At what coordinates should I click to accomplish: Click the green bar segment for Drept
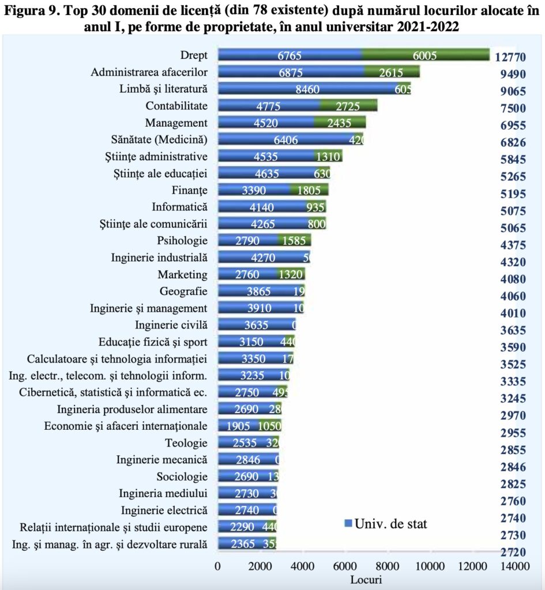pyautogui.click(x=426, y=55)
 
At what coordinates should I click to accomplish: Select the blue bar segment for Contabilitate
pyautogui.click(x=269, y=106)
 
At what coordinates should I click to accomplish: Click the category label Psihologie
pyautogui.click(x=182, y=240)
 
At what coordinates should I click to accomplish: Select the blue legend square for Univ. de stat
pyautogui.click(x=348, y=523)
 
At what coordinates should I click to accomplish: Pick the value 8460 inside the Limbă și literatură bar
pyautogui.click(x=306, y=89)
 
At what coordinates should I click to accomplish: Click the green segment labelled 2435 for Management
pyautogui.click(x=340, y=123)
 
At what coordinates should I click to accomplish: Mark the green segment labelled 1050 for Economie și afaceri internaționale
pyautogui.click(x=269, y=426)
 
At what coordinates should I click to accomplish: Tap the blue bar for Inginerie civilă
pyautogui.click(x=255, y=325)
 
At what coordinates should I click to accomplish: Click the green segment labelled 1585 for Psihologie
pyautogui.click(x=294, y=241)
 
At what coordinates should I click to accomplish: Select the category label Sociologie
pyautogui.click(x=182, y=476)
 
